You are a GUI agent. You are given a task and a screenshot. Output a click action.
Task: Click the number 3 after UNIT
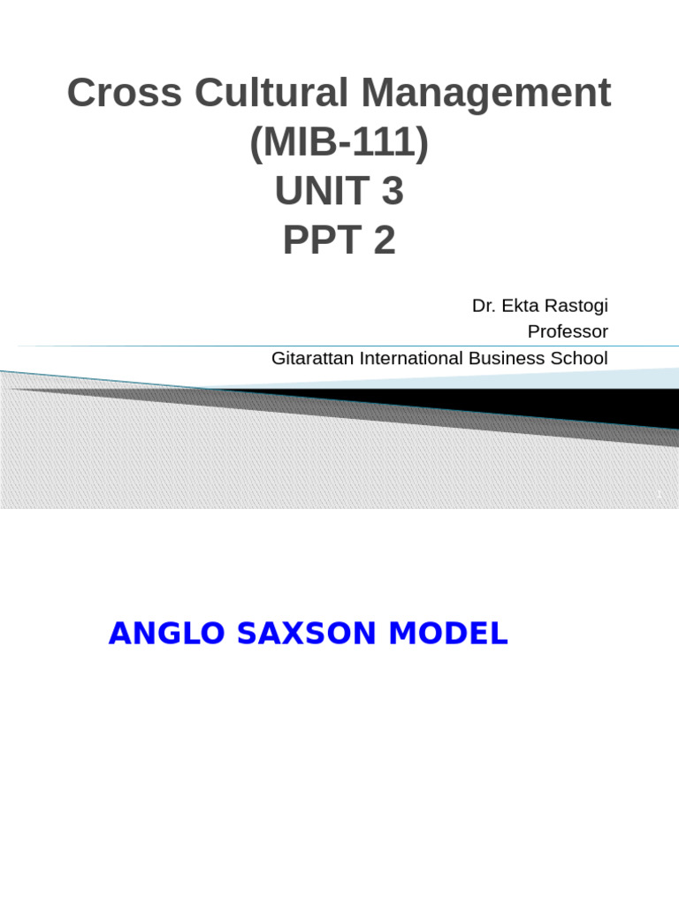pyautogui.click(x=392, y=192)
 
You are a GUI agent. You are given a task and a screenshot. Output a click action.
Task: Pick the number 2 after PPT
pyautogui.click(x=385, y=240)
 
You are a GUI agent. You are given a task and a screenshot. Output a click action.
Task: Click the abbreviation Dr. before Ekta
pyautogui.click(x=483, y=306)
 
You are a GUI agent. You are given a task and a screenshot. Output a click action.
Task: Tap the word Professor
pyautogui.click(x=568, y=331)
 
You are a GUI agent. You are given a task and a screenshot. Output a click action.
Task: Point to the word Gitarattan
pyautogui.click(x=313, y=358)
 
